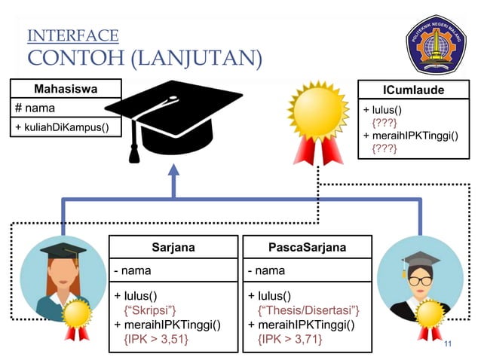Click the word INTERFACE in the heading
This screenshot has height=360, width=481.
point(72,35)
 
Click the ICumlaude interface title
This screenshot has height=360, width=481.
point(413,90)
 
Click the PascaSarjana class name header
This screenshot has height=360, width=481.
point(308,247)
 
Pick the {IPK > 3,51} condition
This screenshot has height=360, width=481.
point(156,340)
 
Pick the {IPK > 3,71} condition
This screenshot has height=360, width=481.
point(290,340)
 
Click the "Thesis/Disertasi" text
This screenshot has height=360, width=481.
point(309,310)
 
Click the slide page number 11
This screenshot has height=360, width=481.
point(449,344)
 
